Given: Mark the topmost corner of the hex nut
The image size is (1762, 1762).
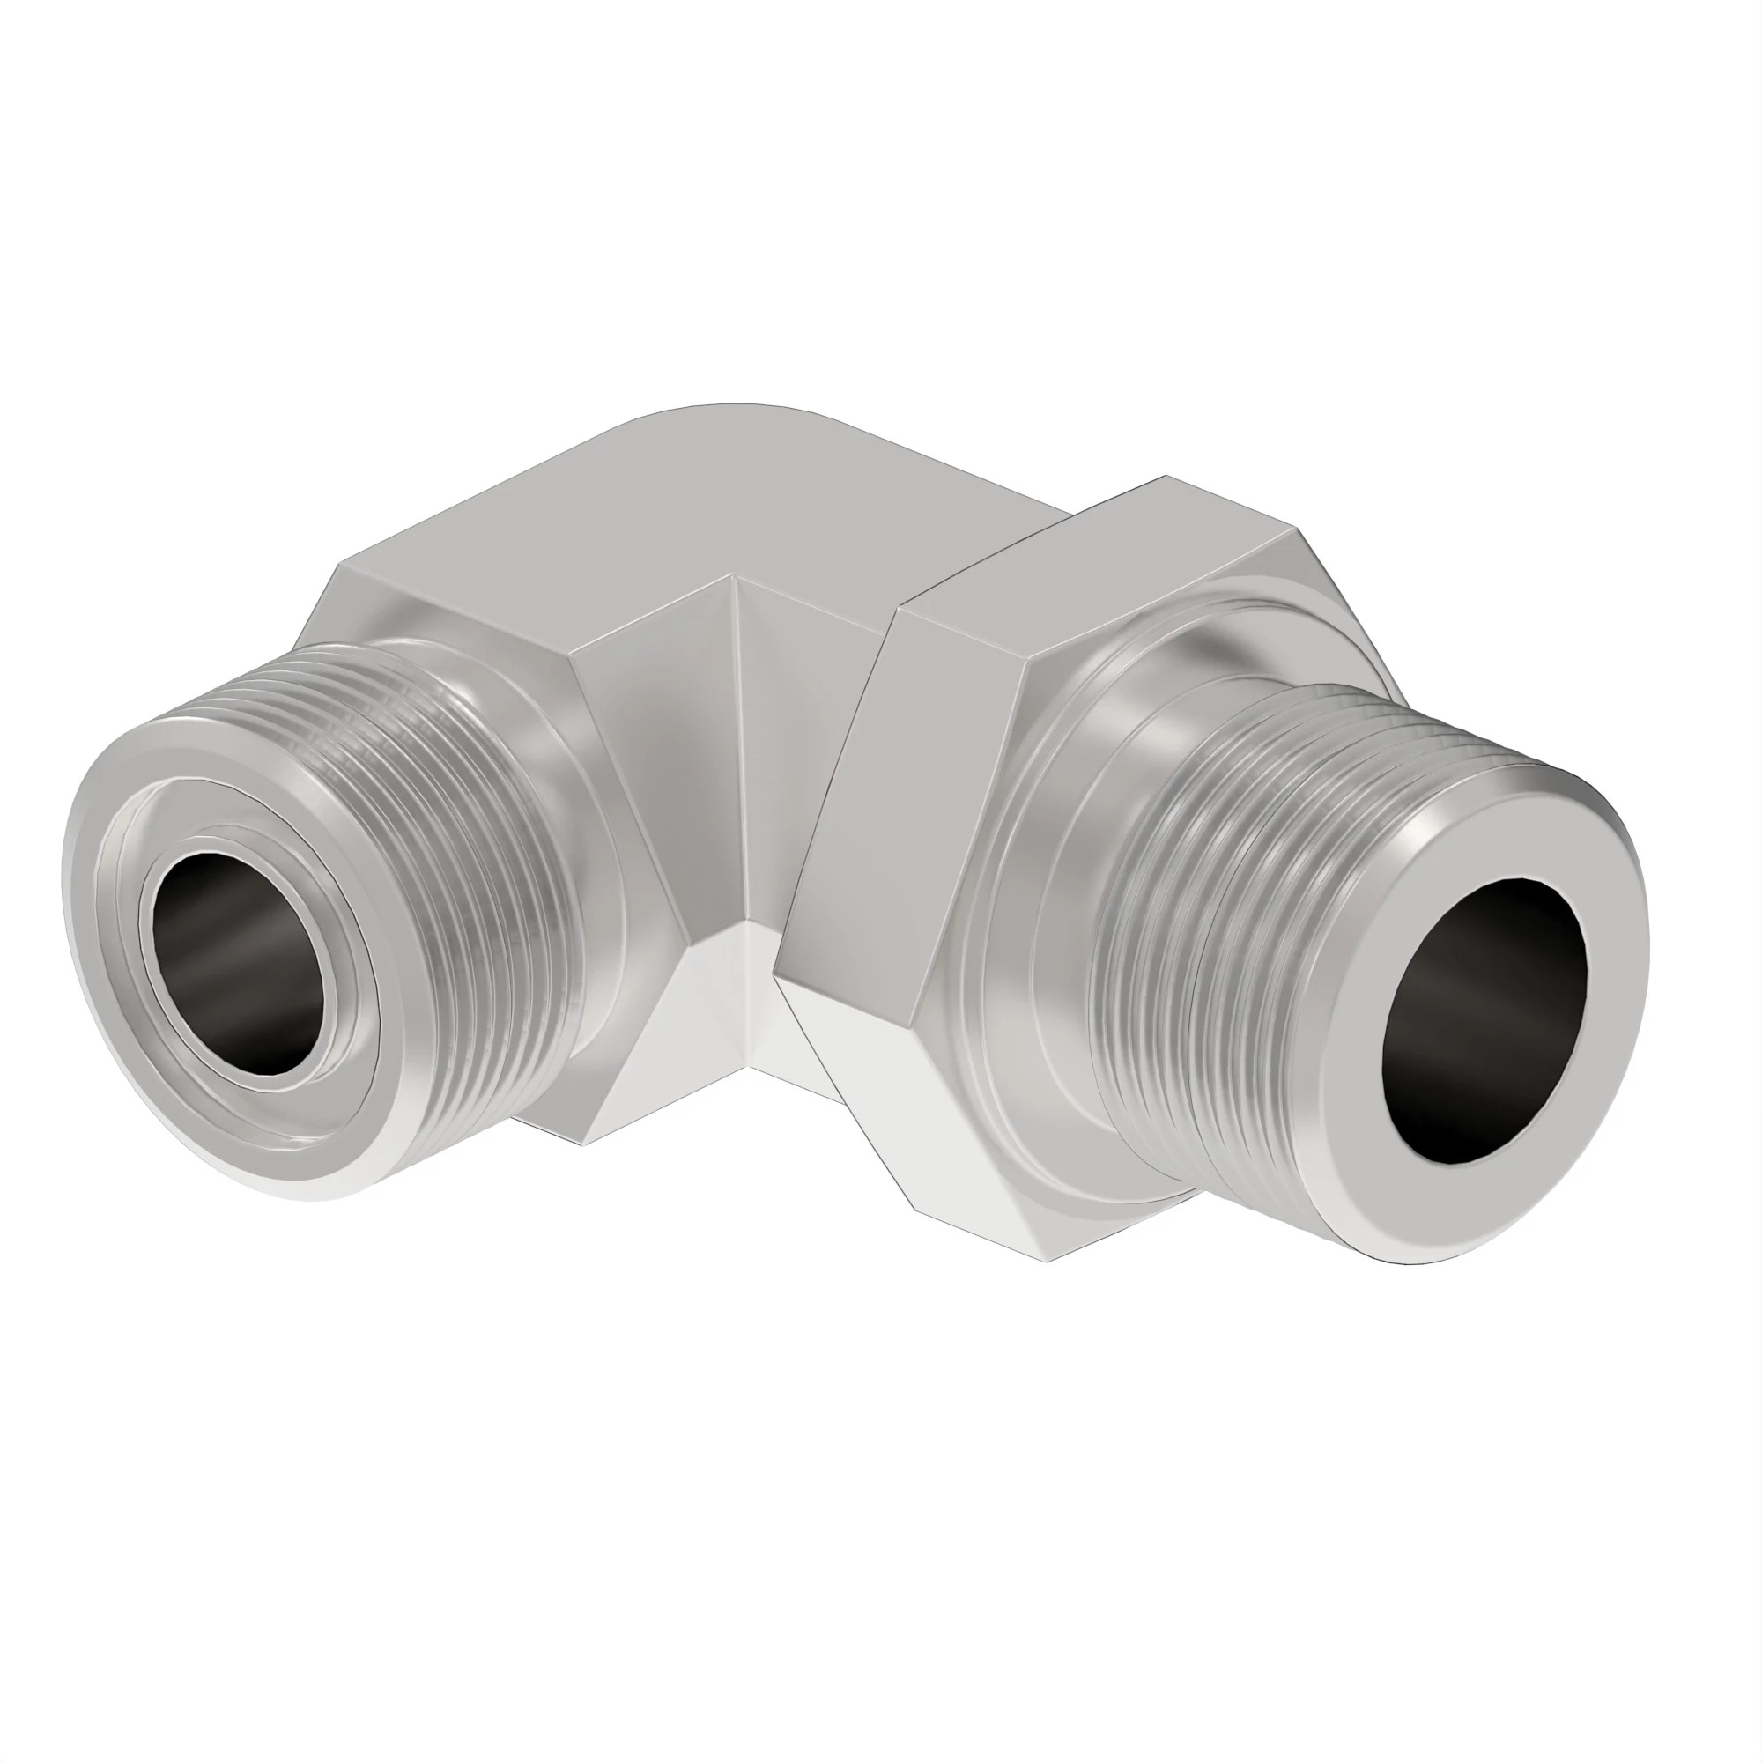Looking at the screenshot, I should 1166,477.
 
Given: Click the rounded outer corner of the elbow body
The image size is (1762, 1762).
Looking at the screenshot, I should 729,411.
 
